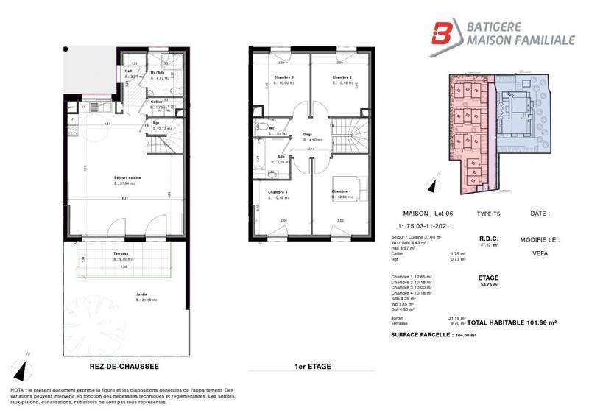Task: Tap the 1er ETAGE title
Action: tap(311, 365)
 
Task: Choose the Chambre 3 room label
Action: tap(282, 77)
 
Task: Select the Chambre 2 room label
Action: tap(340, 77)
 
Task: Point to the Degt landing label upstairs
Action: tap(307, 134)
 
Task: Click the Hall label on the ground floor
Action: tap(128, 71)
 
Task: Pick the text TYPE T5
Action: tap(487, 214)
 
